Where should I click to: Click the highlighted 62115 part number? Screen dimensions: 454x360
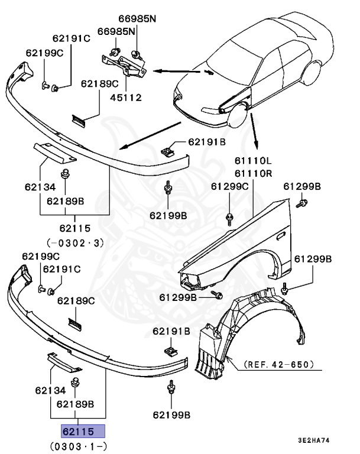tap(81, 430)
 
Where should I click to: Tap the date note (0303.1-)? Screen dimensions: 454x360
tap(81, 445)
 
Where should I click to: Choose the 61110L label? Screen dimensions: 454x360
tap(252, 160)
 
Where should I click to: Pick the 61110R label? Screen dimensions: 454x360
tap(252, 173)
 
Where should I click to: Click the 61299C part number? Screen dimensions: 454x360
tap(230, 186)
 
